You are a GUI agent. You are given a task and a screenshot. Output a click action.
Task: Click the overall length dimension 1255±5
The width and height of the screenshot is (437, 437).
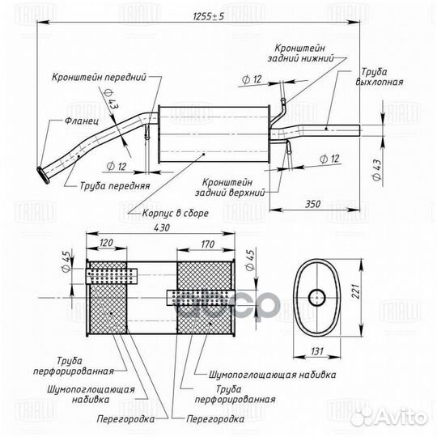pyautogui.click(x=209, y=16)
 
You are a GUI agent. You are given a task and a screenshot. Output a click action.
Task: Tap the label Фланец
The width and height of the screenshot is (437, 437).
pyautogui.click(x=82, y=121)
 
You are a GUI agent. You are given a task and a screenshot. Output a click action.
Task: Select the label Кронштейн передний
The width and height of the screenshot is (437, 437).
pyautogui.click(x=99, y=77)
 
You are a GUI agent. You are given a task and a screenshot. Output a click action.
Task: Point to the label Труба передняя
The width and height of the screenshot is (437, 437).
pyautogui.click(x=115, y=185)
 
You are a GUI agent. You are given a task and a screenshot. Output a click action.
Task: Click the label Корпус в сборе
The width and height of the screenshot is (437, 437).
pyautogui.click(x=176, y=213)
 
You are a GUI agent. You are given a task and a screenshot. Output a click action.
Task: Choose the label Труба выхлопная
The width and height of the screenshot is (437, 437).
pyautogui.click(x=379, y=77)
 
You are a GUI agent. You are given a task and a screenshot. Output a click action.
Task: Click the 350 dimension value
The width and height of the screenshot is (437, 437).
pyautogui.click(x=312, y=204)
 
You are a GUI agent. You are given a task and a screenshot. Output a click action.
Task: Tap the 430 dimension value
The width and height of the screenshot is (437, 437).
pyautogui.click(x=162, y=227)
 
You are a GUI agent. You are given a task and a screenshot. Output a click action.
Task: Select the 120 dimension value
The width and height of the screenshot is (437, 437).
pyautogui.click(x=106, y=243)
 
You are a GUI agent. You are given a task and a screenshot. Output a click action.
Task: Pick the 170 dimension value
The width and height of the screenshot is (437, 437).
pyautogui.click(x=208, y=244)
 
